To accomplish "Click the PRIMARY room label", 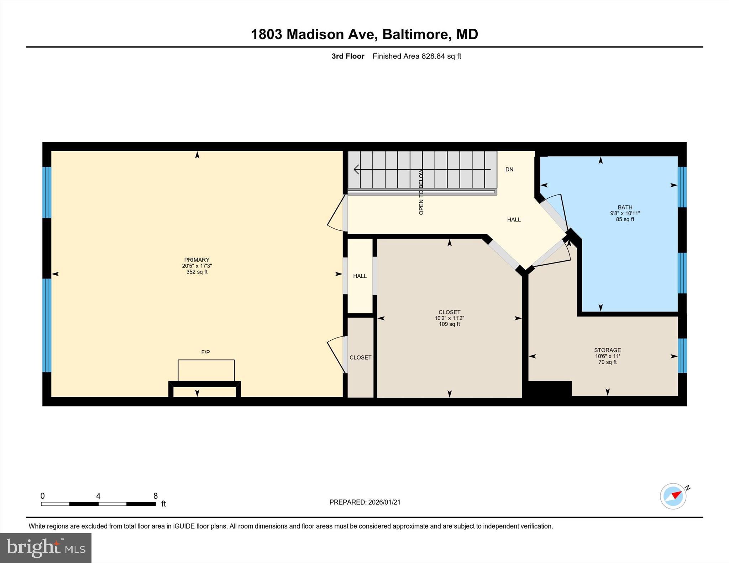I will pyautogui.click(x=197, y=260).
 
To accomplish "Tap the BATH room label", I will pyautogui.click(x=625, y=207).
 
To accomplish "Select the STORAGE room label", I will pyautogui.click(x=607, y=350).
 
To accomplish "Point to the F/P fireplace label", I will pyautogui.click(x=205, y=352).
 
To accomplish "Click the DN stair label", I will pyautogui.click(x=509, y=169).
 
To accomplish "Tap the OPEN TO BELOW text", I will pyautogui.click(x=421, y=192).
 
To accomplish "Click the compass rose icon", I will pyautogui.click(x=673, y=496).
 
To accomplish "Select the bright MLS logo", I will pyautogui.click(x=46, y=548).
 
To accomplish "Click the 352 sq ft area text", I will pyautogui.click(x=197, y=272).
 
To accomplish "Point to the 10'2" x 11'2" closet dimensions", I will pyautogui.click(x=449, y=318).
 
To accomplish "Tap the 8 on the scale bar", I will pyautogui.click(x=155, y=496).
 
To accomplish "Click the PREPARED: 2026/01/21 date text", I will pyautogui.click(x=365, y=502).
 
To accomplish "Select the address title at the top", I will pyautogui.click(x=364, y=34).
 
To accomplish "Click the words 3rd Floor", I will pyautogui.click(x=348, y=56).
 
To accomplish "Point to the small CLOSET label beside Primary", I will pyautogui.click(x=360, y=357).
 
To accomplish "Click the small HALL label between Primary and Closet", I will pyautogui.click(x=360, y=276).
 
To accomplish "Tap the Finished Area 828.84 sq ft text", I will pyautogui.click(x=416, y=56).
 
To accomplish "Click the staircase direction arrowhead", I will pyautogui.click(x=356, y=170).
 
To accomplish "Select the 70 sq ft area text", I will pyautogui.click(x=607, y=362).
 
